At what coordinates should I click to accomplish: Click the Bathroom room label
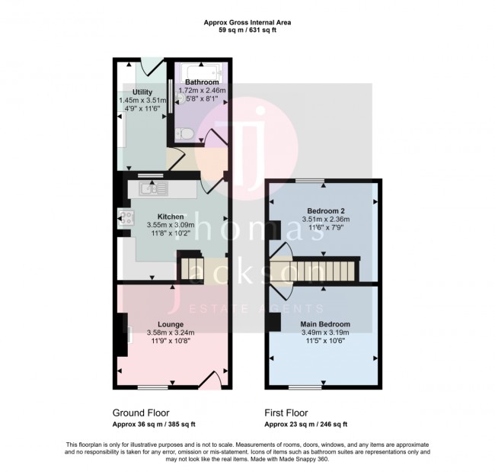(198, 82)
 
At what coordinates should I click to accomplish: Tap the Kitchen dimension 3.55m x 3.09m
(170, 225)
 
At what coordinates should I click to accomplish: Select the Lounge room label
(170, 324)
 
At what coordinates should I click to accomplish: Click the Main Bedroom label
(324, 325)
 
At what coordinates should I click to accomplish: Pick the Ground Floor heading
(141, 413)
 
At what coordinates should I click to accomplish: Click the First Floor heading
(289, 413)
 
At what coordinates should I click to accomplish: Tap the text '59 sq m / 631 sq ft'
(247, 31)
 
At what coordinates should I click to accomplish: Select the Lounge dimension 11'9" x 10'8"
(170, 342)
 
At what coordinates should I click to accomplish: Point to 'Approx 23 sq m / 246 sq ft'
(305, 424)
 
